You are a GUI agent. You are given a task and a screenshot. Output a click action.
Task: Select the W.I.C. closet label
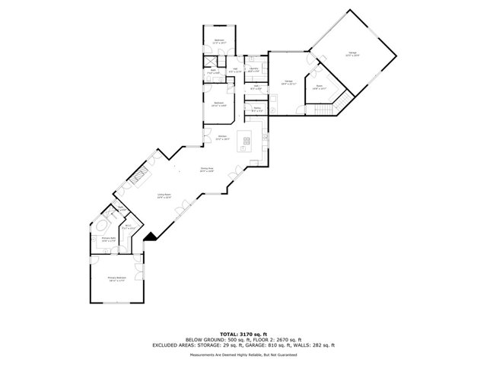click(129, 226)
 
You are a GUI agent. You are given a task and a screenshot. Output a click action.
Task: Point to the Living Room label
click(164, 196)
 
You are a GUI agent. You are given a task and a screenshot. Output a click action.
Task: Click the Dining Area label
click(206, 170)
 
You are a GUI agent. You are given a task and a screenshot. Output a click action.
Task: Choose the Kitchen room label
click(223, 138)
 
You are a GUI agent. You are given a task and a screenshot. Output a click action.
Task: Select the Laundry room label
click(254, 70)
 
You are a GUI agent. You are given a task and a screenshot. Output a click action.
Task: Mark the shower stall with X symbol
click(210, 62)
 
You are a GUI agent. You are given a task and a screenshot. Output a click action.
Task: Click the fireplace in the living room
click(138, 178)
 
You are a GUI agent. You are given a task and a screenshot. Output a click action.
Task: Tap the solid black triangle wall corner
click(151, 237)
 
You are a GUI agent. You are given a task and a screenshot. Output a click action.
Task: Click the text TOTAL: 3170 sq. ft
click(243, 334)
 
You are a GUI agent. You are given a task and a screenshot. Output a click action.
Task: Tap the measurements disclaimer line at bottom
click(243, 354)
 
